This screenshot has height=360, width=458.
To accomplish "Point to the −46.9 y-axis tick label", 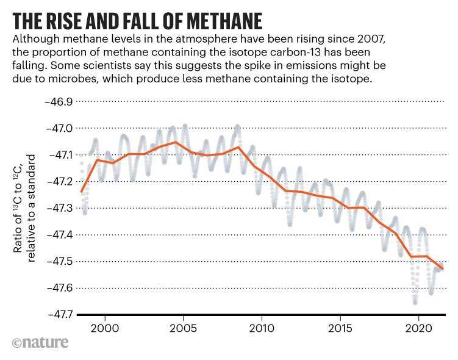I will (x=55, y=102).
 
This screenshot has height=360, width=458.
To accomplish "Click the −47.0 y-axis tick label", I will (x=55, y=128).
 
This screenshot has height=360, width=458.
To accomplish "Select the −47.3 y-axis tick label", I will (x=55, y=208).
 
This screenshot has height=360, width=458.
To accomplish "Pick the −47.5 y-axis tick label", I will (x=55, y=261).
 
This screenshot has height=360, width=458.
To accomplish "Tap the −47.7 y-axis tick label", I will (x=55, y=314).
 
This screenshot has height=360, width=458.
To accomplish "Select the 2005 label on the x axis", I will (x=183, y=328).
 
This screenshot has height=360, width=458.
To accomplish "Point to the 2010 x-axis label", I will (x=262, y=328).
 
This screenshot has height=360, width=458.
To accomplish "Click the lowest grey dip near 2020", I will (x=415, y=301).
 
